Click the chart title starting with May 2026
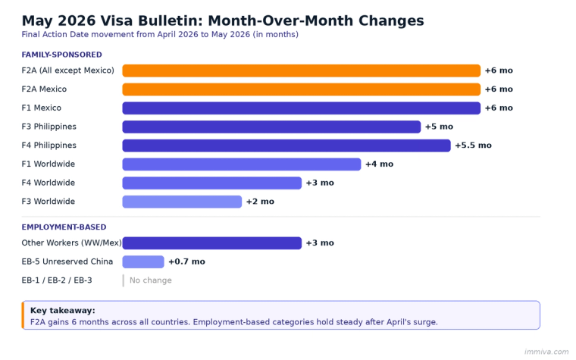coord(222,20)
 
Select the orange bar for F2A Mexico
coord(301,89)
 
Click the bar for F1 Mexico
coord(301,108)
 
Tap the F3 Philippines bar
coord(271,127)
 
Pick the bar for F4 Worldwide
coord(211,183)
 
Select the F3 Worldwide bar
coord(182,202)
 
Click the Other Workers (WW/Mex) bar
coord(211,243)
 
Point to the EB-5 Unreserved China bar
coord(143,261)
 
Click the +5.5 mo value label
coord(473,146)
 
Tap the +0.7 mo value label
coord(186,261)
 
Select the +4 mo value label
coord(379,164)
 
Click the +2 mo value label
coord(260,202)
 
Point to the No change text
coord(150,280)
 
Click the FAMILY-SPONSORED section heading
coord(61,55)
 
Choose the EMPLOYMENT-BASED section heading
coord(64,227)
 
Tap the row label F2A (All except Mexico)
coord(67,70)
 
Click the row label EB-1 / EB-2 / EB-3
coord(57,280)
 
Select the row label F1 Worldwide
coord(48,164)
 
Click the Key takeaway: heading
coord(62,311)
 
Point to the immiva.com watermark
coord(545,352)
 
